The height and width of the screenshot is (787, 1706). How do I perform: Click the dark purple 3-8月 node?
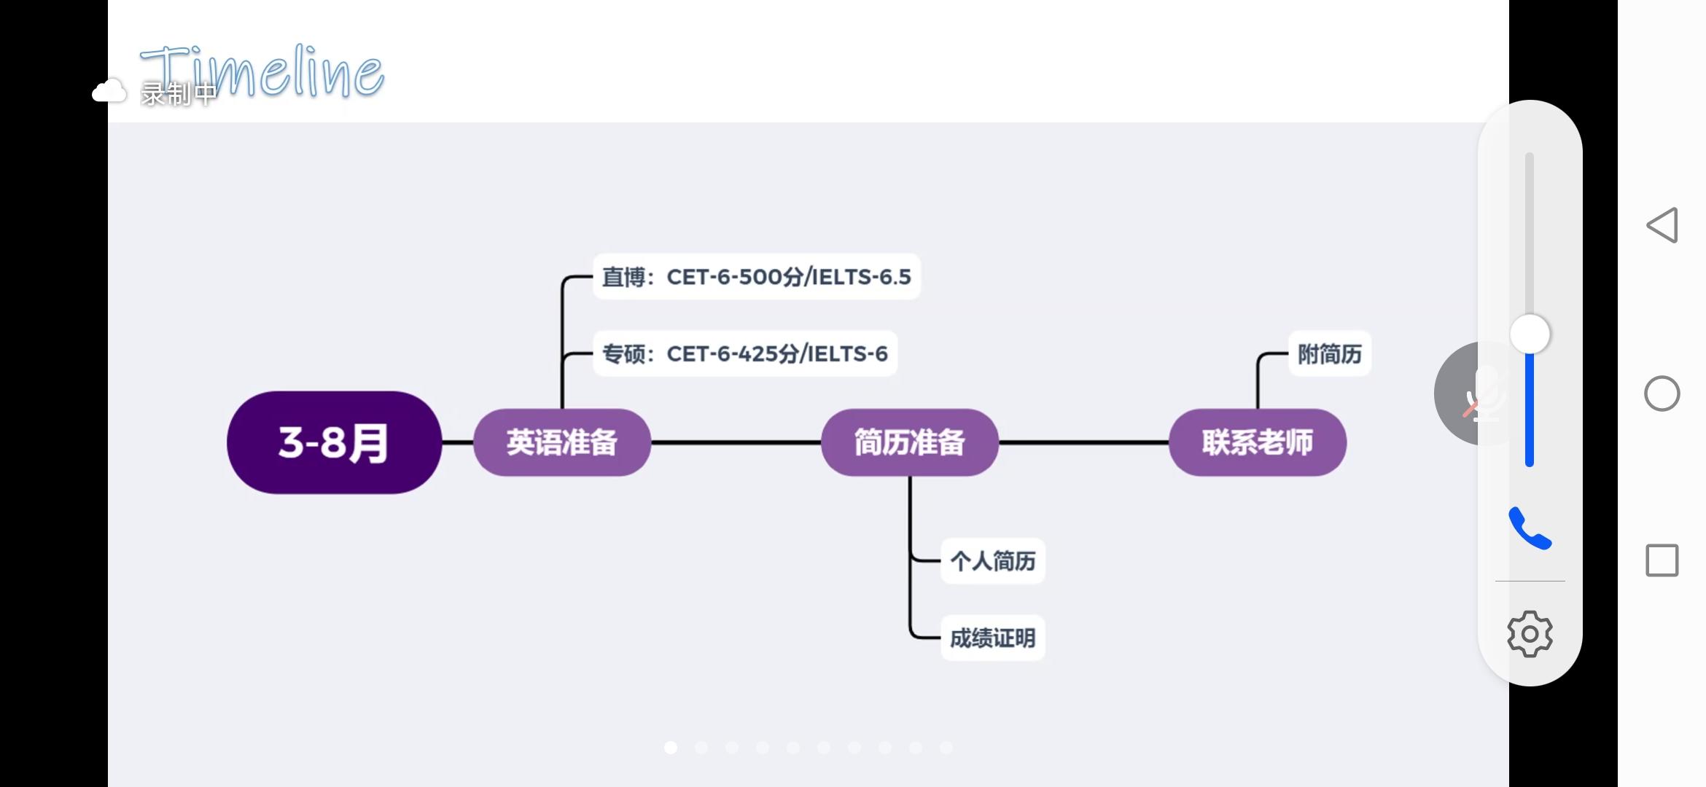point(334,442)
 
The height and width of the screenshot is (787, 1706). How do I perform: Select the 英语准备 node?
point(561,442)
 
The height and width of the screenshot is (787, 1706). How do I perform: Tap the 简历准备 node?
point(909,442)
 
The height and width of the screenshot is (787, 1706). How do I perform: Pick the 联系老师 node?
point(1257,442)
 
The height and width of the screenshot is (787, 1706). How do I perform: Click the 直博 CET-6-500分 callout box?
point(756,277)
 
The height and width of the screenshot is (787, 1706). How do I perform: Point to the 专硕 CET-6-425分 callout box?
point(744,354)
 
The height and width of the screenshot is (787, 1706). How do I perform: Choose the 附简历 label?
point(1329,354)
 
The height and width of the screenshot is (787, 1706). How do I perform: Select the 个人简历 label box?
point(992,561)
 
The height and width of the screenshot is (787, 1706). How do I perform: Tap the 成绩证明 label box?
point(992,638)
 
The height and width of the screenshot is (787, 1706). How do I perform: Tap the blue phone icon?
point(1530,528)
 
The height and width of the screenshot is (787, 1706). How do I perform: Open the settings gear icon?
point(1530,634)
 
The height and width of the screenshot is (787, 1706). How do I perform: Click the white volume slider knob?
point(1530,334)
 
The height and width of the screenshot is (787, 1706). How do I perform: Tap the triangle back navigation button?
point(1662,225)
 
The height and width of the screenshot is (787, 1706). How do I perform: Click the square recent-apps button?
point(1662,560)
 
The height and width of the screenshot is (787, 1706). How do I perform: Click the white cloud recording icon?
point(109,92)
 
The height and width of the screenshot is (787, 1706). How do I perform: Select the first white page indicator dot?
point(671,748)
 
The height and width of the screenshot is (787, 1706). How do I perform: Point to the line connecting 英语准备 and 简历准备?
point(736,442)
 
